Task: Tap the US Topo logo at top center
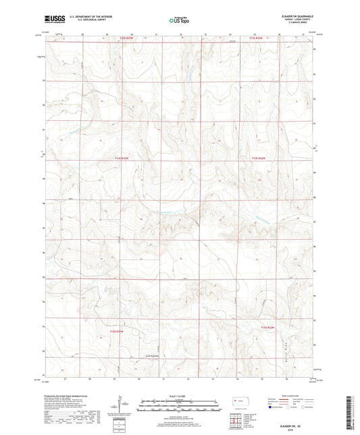[x=179, y=20]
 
